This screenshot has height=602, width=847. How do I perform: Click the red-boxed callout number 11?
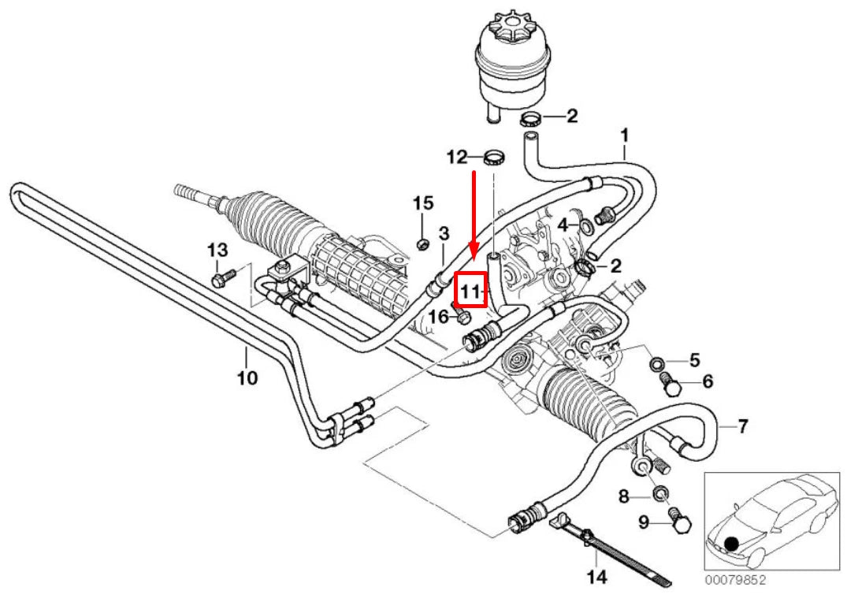[x=471, y=292]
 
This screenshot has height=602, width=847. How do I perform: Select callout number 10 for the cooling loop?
[x=247, y=378]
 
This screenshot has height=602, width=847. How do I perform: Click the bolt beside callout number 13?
[x=222, y=277]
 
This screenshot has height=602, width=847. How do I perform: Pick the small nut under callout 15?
[x=422, y=243]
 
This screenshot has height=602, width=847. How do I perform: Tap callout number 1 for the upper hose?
[x=624, y=136]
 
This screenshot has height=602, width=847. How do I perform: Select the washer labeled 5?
[x=657, y=363]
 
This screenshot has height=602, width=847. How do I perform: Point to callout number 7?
[x=742, y=427]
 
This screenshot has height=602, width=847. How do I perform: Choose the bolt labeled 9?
[x=675, y=521]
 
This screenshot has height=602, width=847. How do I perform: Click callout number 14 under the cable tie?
[x=596, y=578]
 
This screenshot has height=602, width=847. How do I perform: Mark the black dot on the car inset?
[x=733, y=543]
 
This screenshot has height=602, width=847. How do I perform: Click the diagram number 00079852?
[x=735, y=581]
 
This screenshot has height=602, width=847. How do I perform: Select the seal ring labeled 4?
[x=586, y=227]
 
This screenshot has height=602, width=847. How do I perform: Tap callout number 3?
[x=444, y=233]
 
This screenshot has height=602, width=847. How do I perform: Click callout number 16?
[x=438, y=317]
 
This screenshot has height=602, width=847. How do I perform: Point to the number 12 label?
[x=457, y=157]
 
